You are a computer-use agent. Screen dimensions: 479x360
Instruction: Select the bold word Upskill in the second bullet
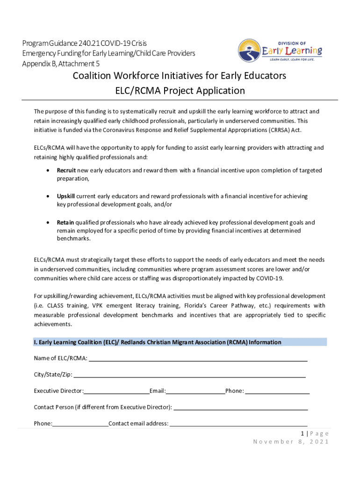(x=66, y=196)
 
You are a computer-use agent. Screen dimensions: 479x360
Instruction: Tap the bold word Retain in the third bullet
(x=65, y=223)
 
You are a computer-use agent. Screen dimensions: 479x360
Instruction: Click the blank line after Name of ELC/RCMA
(x=198, y=359)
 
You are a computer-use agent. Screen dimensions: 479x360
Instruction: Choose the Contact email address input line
(x=238, y=424)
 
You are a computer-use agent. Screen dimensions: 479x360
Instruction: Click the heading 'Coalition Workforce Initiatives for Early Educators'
(x=179, y=76)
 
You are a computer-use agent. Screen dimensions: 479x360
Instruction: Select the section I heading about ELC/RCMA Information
(x=158, y=342)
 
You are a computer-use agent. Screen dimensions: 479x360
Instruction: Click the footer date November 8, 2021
(x=291, y=442)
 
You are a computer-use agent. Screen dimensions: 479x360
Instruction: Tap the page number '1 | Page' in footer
(x=315, y=434)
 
